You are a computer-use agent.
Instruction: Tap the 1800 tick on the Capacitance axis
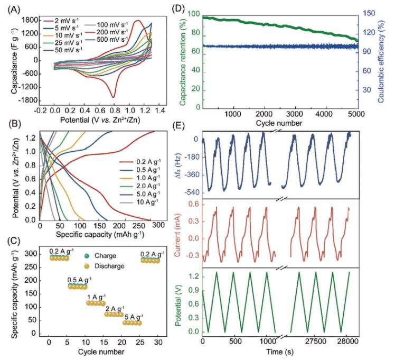click(31, 20)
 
